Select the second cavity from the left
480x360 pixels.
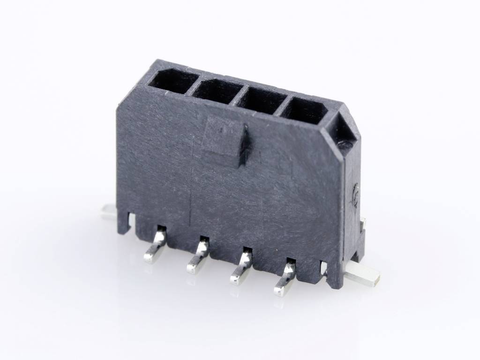click(x=215, y=90)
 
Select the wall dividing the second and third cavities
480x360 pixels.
click(x=237, y=95)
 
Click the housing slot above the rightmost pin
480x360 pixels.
click(x=291, y=262)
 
